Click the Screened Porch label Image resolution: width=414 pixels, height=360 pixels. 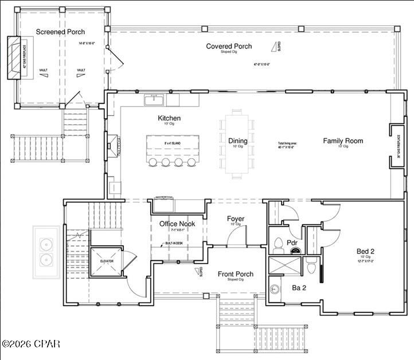[x=60, y=32]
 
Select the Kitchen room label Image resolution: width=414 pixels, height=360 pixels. [x=170, y=119]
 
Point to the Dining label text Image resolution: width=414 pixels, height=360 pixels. [x=238, y=141]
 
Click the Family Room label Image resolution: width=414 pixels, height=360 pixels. [x=343, y=140]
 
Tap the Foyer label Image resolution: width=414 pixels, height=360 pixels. [x=235, y=218]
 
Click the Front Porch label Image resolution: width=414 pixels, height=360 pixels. [x=235, y=274]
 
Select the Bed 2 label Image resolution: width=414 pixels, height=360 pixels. [x=365, y=252]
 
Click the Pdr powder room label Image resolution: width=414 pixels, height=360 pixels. [x=292, y=242]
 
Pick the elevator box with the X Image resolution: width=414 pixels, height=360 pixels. [x=107, y=261]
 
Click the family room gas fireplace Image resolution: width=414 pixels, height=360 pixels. [x=396, y=146]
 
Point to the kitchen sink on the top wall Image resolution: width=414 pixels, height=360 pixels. [x=154, y=100]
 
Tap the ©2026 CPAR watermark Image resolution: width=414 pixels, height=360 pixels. [x=31, y=344]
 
